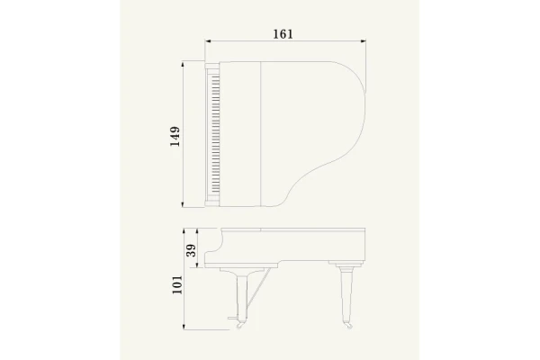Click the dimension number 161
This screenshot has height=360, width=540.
283,34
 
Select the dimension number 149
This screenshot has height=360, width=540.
175,137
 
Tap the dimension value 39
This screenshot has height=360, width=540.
191,250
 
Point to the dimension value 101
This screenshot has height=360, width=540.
177,284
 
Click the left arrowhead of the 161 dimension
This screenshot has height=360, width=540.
208,41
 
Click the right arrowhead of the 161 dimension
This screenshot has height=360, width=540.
364,41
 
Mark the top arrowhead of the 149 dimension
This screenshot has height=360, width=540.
184,64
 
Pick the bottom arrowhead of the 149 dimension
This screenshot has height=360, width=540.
184,205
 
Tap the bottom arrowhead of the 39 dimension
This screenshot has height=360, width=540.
197,265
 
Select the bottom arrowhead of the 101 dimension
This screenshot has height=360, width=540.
184,327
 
